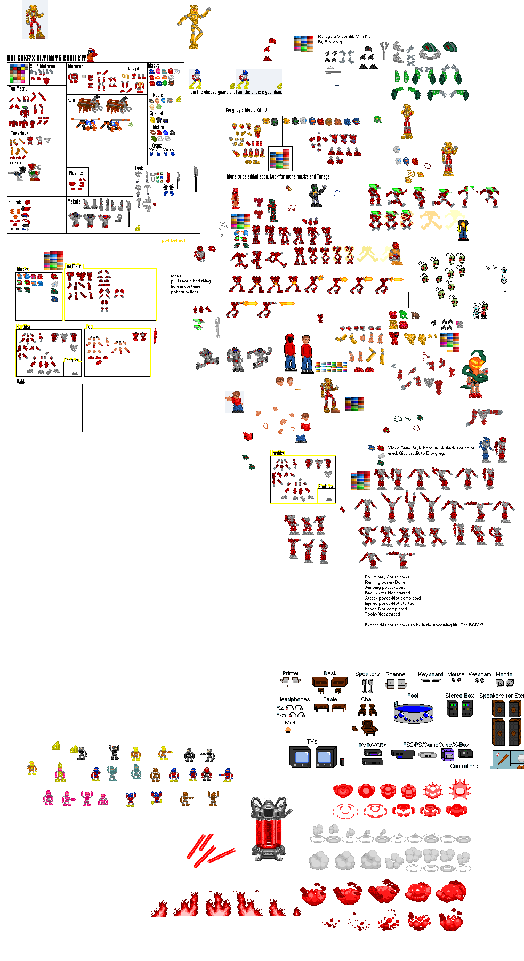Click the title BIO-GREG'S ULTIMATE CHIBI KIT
point(46,58)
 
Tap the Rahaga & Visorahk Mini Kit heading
point(344,37)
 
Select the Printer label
point(291,674)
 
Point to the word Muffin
point(292,723)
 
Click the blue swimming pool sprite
point(413,712)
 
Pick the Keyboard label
point(430,674)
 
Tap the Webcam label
point(480,674)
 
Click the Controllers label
point(464,766)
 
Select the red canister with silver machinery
point(271,829)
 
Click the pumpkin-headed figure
point(474,373)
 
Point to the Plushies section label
point(76,173)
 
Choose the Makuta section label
point(74,201)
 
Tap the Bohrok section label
point(15,203)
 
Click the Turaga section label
point(132,68)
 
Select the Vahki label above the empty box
point(21,382)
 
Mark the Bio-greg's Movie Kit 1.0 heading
point(246,110)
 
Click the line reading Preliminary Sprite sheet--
point(389,577)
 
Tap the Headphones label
point(293,699)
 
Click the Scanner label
point(396,674)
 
